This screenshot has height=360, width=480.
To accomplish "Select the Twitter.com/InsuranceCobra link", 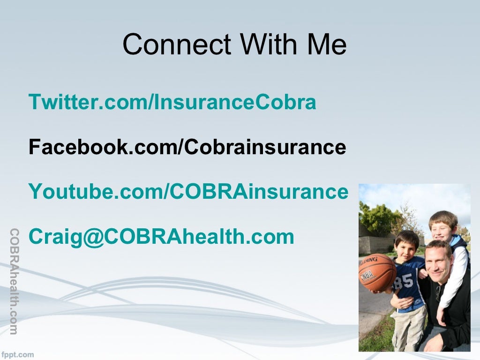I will tap(172, 102).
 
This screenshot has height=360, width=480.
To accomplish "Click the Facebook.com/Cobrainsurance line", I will tap(187, 147).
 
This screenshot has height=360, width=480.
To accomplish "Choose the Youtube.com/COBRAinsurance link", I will tap(188, 192).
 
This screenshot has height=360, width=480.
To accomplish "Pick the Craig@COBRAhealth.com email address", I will tap(161, 237).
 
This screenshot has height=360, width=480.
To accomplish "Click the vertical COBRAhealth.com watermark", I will tap(14, 281).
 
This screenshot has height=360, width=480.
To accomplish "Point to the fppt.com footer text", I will tap(17, 354).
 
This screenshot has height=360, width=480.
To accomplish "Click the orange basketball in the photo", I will tap(377, 272).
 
